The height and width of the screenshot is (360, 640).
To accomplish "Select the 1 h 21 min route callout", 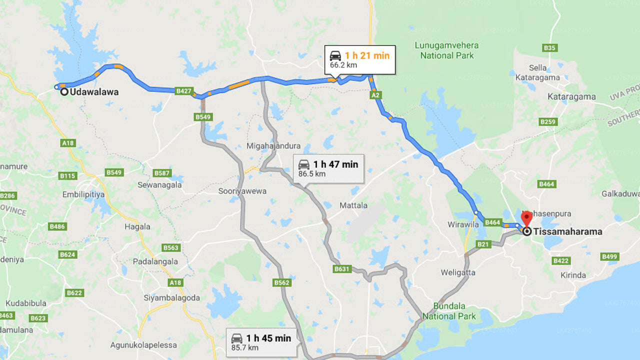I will [360, 59].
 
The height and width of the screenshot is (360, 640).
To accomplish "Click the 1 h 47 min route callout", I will [328, 168].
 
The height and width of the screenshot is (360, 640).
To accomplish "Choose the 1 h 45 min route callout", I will [261, 342].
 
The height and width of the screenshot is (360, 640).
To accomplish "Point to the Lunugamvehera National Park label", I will [446, 50].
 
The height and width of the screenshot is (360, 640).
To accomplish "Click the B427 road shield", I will [184, 91].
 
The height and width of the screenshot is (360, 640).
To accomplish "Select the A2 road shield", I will [376, 95].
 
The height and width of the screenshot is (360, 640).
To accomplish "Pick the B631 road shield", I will [341, 269].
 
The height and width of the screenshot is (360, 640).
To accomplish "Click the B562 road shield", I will [281, 283].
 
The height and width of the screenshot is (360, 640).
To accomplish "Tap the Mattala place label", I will [353, 205].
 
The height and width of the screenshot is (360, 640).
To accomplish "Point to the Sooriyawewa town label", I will [242, 191].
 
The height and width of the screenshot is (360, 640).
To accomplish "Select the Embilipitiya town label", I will [84, 194].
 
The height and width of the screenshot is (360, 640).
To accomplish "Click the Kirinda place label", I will [573, 275].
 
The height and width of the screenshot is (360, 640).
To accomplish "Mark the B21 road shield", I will [483, 244].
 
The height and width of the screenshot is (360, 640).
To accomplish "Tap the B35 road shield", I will [549, 48].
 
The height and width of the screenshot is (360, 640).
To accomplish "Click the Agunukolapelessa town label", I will [143, 345].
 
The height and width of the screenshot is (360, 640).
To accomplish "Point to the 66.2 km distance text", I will [344, 65].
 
